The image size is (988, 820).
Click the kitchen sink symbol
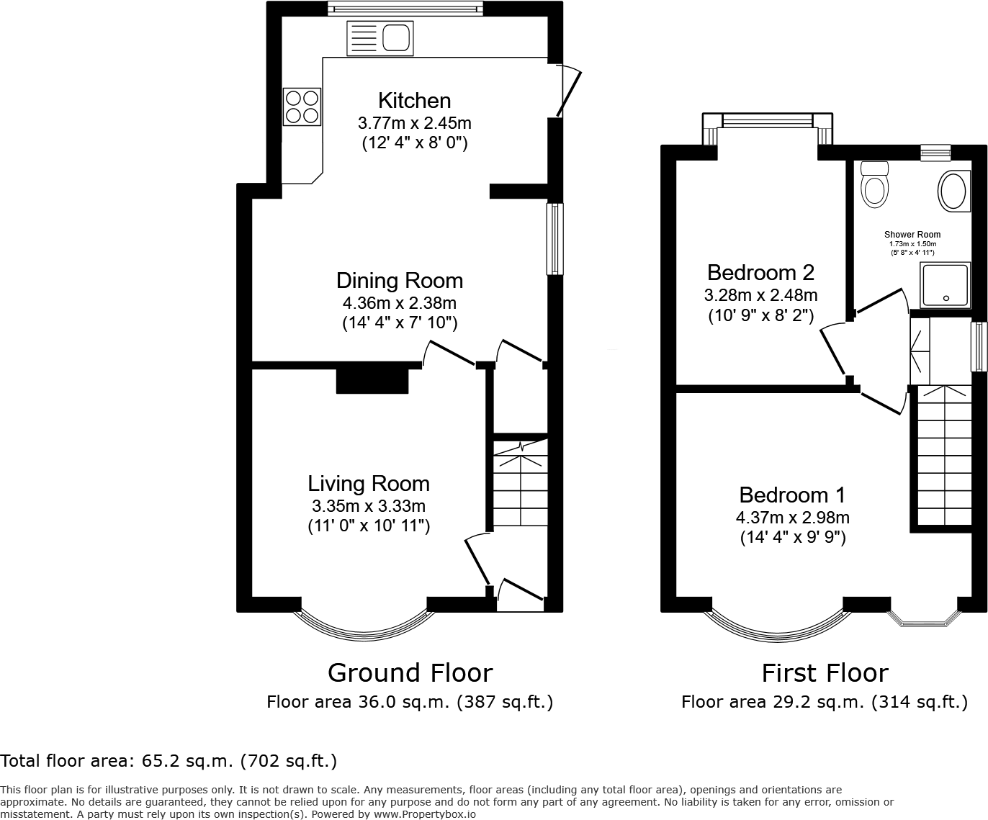tap(380, 38)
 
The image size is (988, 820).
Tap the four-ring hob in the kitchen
tap(302, 106)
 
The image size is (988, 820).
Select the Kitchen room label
tap(414, 100)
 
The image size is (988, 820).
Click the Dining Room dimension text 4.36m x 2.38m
tap(400, 303)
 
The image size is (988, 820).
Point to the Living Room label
tap(368, 483)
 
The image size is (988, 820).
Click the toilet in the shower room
tap(875, 186)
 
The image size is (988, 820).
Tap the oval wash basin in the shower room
tap(953, 191)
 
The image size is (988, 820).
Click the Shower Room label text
tap(912, 235)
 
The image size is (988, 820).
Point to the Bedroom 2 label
tap(760, 272)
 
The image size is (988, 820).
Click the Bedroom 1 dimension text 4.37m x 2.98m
tap(792, 518)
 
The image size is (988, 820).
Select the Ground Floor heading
tap(410, 672)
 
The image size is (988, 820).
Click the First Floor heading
tap(825, 672)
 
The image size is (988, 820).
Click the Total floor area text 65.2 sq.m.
tap(169, 760)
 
